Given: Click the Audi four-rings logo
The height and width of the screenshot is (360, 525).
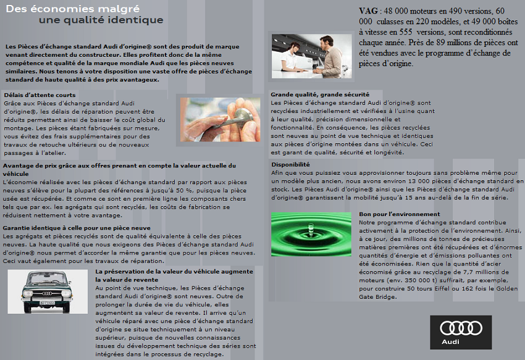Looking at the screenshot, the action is click(x=461, y=328).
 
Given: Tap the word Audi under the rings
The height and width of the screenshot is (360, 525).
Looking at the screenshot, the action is click(x=450, y=342).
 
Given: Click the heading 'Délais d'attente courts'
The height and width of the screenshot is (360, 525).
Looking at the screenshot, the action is click(x=40, y=94).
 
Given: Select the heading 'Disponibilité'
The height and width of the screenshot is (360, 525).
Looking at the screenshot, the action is click(x=291, y=164).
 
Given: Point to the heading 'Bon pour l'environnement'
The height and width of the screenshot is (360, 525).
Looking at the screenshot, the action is click(x=400, y=214).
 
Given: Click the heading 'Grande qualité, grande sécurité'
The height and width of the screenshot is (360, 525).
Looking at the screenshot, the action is click(x=320, y=94).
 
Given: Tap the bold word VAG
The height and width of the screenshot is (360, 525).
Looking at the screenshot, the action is click(x=368, y=10).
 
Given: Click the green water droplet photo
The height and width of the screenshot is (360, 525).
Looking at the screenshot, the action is click(x=311, y=234).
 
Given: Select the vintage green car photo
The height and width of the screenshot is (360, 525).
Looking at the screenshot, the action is click(x=48, y=291).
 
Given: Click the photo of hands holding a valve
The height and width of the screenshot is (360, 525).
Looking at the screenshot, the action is click(x=220, y=120).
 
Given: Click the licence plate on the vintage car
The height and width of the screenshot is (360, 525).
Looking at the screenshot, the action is click(x=47, y=303).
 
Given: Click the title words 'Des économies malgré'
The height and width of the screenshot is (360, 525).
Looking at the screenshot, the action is click(x=73, y=9).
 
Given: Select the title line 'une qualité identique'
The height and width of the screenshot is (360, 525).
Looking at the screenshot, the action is click(x=101, y=20).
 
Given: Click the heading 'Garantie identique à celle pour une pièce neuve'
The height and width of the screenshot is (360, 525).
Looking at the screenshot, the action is click(x=77, y=228).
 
